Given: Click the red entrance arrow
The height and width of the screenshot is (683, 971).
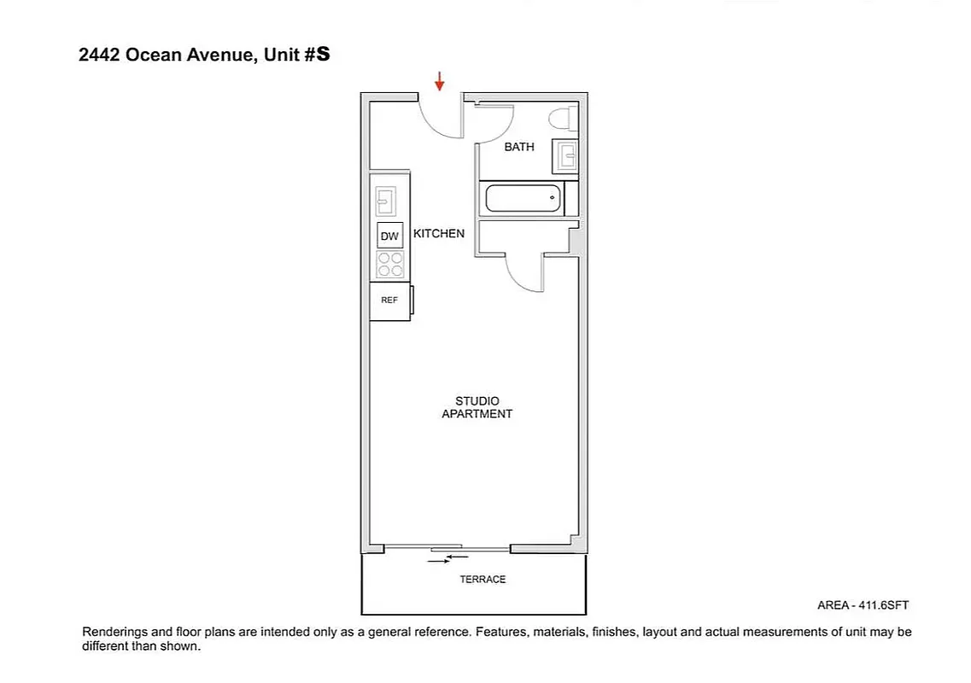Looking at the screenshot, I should (x=440, y=82).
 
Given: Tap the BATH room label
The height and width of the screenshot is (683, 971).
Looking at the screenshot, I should (x=518, y=147).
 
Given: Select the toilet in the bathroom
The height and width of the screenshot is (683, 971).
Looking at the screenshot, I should (x=563, y=117).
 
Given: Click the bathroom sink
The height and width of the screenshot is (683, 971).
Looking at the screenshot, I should (x=565, y=155).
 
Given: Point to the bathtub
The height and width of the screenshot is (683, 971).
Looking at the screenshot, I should (x=524, y=199).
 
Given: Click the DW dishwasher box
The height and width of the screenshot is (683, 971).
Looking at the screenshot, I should (x=389, y=236).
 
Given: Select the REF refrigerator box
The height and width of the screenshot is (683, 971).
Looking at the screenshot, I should (x=389, y=301).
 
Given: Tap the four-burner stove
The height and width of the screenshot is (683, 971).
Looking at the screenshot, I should (x=390, y=265).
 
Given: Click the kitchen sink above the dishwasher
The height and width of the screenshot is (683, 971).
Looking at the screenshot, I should (x=386, y=201).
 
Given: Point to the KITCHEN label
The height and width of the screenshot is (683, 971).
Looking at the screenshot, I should (x=439, y=233).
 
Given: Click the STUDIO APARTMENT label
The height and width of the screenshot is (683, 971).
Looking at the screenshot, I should (x=477, y=407).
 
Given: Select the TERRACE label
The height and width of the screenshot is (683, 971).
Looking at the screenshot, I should (x=483, y=579).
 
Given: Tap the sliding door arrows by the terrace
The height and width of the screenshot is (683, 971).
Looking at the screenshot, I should (x=448, y=559).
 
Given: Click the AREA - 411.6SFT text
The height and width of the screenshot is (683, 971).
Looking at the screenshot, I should (x=863, y=605).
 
